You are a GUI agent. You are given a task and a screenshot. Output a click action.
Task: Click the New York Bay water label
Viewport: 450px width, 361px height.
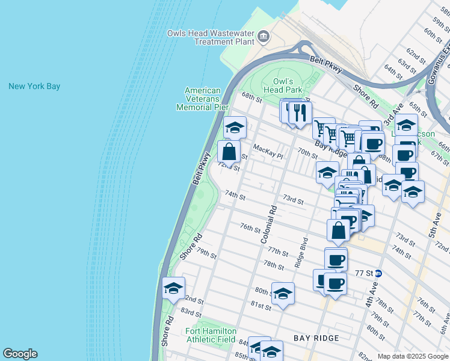[x=34, y=87]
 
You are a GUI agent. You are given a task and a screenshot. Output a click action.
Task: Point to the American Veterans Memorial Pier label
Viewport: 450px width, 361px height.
[x=202, y=99]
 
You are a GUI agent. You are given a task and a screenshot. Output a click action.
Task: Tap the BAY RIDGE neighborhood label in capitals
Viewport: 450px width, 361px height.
[x=316, y=338]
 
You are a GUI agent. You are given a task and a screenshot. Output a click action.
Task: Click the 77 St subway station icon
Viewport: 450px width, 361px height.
[x=378, y=273]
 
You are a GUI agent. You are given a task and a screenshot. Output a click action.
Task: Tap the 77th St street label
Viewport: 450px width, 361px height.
[x=279, y=250]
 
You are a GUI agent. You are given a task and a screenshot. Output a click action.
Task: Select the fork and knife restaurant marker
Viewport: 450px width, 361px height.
[x=300, y=112]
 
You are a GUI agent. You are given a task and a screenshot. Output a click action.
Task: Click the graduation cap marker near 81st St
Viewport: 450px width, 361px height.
[x=283, y=294]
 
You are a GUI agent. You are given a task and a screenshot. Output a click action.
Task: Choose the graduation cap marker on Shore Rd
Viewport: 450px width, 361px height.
[x=173, y=288]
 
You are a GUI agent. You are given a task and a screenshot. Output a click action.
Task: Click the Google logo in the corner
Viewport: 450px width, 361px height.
[x=20, y=354]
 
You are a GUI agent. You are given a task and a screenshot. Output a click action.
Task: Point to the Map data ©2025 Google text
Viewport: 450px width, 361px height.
[x=413, y=356]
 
